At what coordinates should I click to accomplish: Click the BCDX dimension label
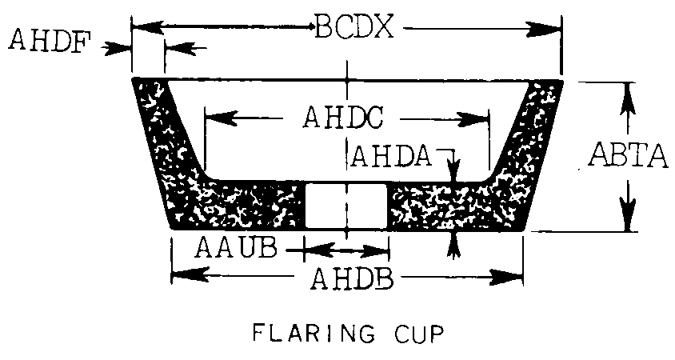(x=354, y=27)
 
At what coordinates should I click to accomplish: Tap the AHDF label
(x=50, y=41)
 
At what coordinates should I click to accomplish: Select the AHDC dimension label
(x=342, y=117)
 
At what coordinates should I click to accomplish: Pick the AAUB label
(x=235, y=248)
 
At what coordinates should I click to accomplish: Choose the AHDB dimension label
(x=352, y=278)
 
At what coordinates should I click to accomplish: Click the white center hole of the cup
(x=346, y=205)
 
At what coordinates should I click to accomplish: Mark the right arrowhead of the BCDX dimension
(x=545, y=29)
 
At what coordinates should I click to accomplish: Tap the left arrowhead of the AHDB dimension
(x=189, y=274)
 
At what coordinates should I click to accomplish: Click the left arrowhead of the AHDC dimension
(x=222, y=117)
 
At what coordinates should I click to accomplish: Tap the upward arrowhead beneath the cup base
(x=453, y=246)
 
